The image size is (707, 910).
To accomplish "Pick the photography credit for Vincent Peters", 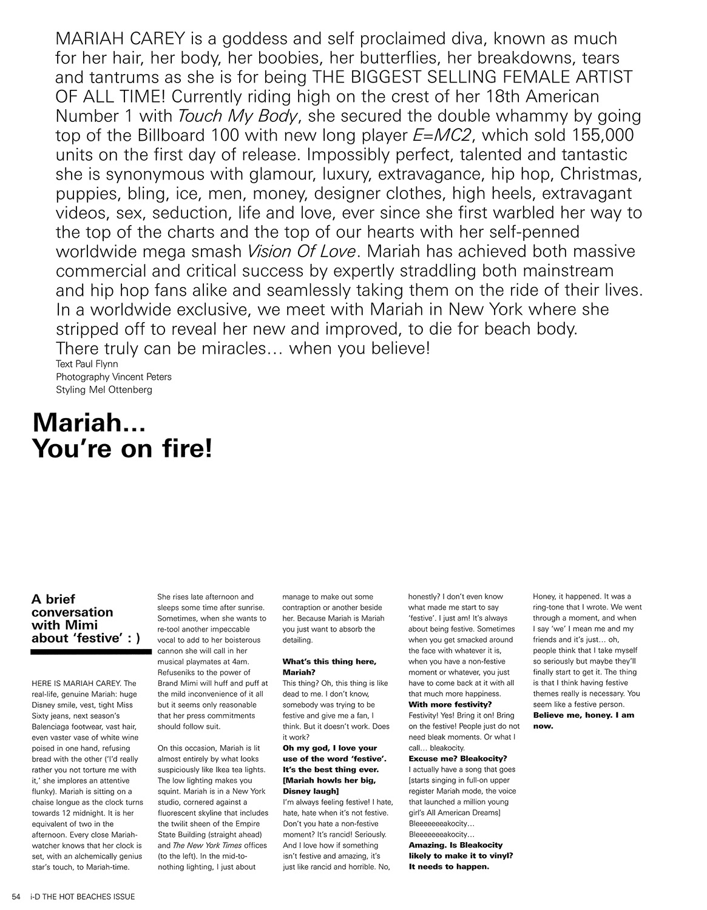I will click(x=113, y=377).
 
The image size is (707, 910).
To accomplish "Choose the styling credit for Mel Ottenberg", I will click(x=104, y=389).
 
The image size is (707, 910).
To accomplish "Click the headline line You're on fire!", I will click(x=122, y=448).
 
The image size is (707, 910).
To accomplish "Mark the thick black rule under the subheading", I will click(x=90, y=652).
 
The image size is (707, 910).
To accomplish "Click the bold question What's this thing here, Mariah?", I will click(x=330, y=667).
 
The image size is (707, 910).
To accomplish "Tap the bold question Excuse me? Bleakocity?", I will click(x=458, y=758).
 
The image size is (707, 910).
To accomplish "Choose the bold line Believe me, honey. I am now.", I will click(x=582, y=720).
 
